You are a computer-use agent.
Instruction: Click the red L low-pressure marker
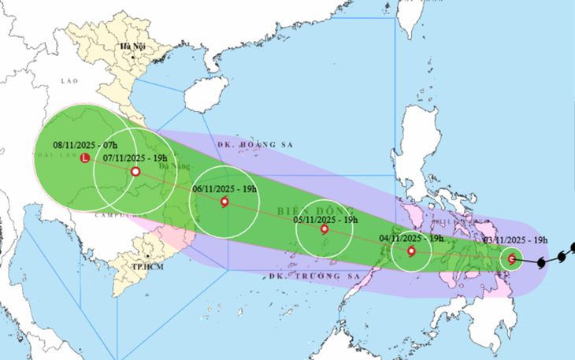click(x=85, y=158)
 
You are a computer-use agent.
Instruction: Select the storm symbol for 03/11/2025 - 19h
click(x=512, y=258)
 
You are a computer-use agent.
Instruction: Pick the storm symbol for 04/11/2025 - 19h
click(x=411, y=251)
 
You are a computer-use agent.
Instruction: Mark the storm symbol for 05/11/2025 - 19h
click(x=325, y=229)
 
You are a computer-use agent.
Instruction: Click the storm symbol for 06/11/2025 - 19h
click(x=225, y=202)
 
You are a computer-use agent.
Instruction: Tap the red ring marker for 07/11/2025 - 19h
click(x=135, y=171)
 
